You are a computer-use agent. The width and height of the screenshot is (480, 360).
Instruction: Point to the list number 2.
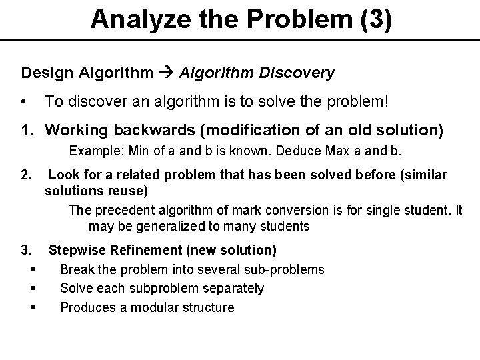[27, 175]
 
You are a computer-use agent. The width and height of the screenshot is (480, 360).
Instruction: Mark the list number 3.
[27, 251]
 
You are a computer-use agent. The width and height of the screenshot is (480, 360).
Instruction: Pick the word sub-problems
[285, 269]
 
